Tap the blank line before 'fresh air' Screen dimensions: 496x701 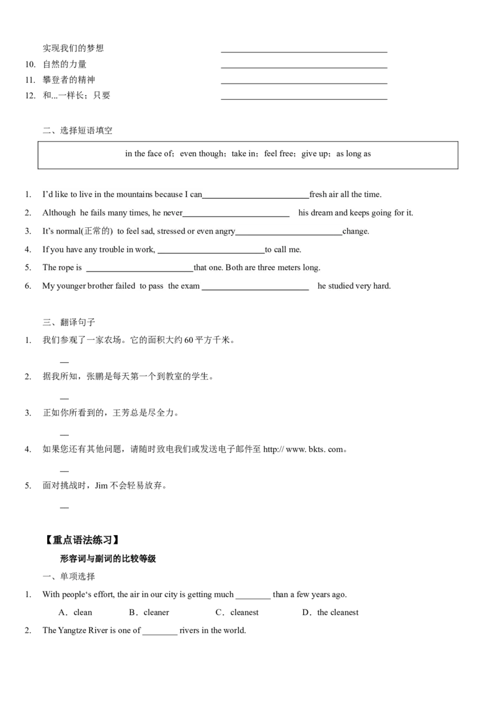[x=256, y=197]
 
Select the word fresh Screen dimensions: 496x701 [x=318, y=194]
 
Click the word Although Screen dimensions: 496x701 [x=59, y=213]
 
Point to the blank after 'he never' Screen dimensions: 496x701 [x=237, y=216]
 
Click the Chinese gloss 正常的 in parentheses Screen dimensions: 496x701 [x=97, y=231]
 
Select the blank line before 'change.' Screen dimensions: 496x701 [x=290, y=234]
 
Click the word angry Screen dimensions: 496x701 [x=225, y=232]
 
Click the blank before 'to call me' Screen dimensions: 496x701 [x=211, y=252]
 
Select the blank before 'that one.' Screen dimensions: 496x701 [x=140, y=271]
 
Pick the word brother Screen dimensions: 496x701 [x=101, y=286]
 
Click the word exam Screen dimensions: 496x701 [x=190, y=286]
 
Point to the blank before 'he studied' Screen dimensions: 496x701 [x=256, y=289]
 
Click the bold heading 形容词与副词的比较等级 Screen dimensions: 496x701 [x=108, y=559]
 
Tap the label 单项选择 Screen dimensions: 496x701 [x=77, y=577]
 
